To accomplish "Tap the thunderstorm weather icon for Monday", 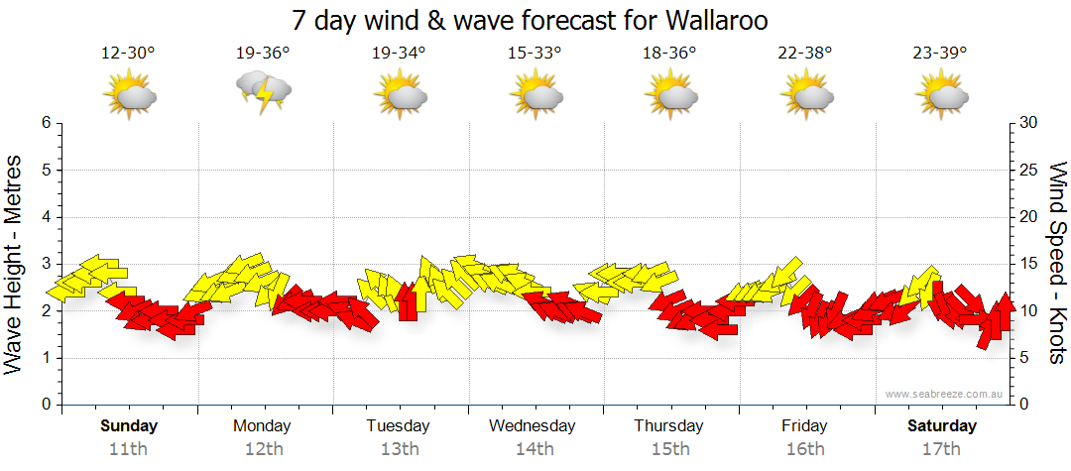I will (x=263, y=94).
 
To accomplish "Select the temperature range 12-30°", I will (x=128, y=54).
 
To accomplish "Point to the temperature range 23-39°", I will (x=940, y=54).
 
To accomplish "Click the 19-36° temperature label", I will (x=263, y=54).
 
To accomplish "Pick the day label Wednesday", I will (x=533, y=426).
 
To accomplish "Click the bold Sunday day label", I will (x=129, y=426).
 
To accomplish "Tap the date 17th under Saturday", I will (x=942, y=448).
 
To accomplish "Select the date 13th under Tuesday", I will (x=399, y=448).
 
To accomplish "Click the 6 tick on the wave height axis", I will (x=45, y=123).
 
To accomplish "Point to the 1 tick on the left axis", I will (x=45, y=358).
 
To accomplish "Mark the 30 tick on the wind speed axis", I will (x=1029, y=123).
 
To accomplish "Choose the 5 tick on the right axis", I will (x=1025, y=358).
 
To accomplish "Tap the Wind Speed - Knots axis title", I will (x=1057, y=264).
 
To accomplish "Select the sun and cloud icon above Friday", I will (x=805, y=96).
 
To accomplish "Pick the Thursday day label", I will (x=668, y=426).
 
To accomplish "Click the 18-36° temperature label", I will (x=669, y=54).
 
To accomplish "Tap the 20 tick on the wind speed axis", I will (x=1029, y=217).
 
